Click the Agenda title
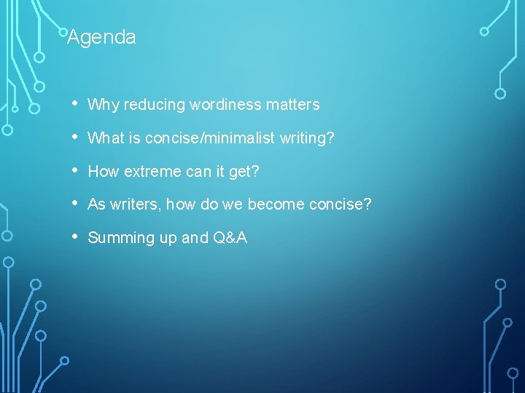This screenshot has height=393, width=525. (101, 37)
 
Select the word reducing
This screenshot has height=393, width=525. (154, 105)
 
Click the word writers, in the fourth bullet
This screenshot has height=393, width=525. (136, 205)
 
